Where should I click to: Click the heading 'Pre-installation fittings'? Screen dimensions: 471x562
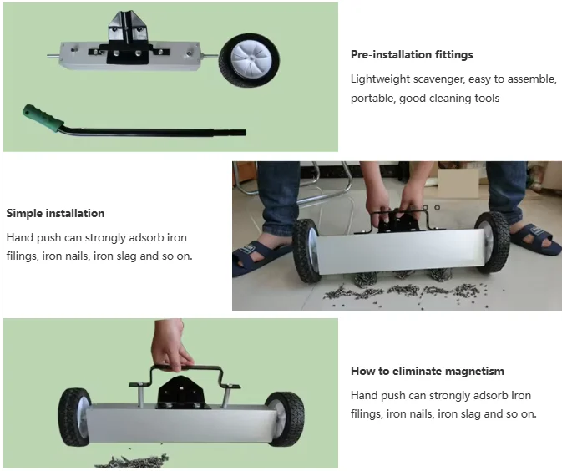(x=412, y=55)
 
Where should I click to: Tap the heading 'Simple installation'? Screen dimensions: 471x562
(x=55, y=214)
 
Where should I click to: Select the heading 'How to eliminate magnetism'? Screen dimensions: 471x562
(x=427, y=372)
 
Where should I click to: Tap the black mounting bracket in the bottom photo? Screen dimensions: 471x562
(x=179, y=390)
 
